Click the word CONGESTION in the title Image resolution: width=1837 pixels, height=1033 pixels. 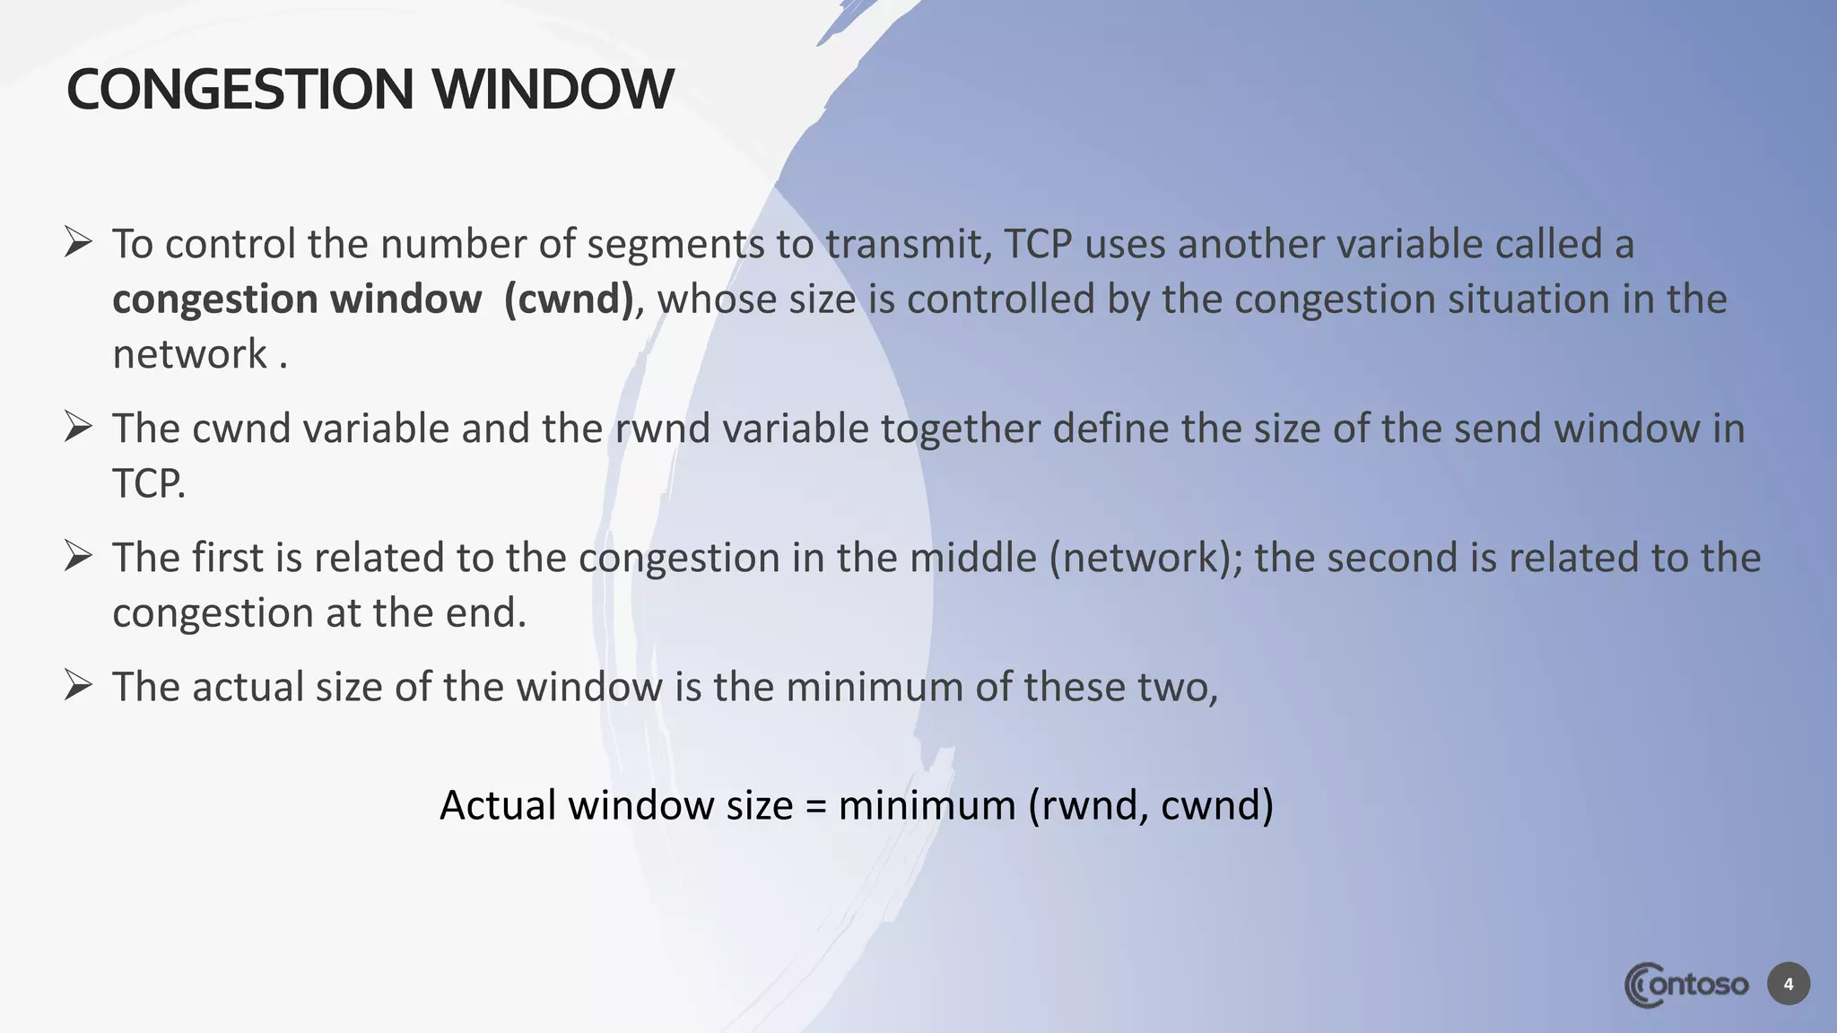coord(239,90)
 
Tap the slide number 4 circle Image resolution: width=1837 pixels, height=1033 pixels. coord(1789,985)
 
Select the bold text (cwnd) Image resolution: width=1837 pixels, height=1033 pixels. coord(570,299)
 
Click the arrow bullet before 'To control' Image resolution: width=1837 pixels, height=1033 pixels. coord(79,242)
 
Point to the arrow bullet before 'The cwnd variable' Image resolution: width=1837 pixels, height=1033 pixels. coord(79,427)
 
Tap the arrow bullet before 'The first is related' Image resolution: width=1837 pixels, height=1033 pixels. coord(79,556)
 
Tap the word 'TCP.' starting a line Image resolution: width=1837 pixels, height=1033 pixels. coord(149,484)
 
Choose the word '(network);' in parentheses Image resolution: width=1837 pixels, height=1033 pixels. coord(1145,559)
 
